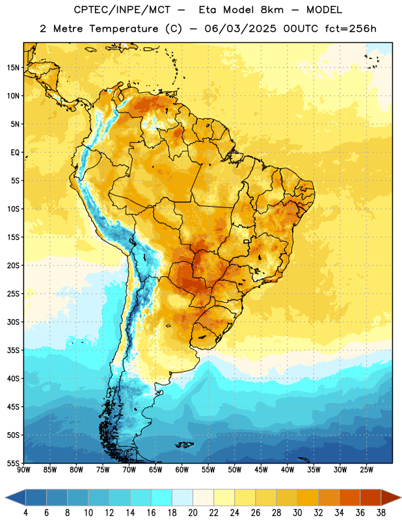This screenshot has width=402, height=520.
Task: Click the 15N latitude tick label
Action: coord(13,68)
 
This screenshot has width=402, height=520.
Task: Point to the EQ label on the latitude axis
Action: coord(15,153)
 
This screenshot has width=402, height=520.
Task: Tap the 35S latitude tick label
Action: coord(13,350)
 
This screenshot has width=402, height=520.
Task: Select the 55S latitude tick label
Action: coord(13,463)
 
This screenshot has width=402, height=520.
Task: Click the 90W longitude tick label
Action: coord(24,470)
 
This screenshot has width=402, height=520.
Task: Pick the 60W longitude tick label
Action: coord(182,470)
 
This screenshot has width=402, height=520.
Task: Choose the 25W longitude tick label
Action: coord(366,470)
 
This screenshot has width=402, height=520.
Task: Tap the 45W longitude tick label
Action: coord(261,470)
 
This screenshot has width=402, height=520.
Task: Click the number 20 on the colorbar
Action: coord(193,513)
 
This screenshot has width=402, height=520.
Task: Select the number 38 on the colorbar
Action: coord(381,513)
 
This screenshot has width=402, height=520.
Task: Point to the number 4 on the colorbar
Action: coord(25,513)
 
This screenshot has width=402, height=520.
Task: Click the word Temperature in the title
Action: coord(124,29)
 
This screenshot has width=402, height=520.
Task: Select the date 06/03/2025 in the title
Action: coord(240,29)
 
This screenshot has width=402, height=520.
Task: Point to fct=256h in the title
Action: coord(351,29)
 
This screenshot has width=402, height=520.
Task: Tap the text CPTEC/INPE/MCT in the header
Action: coord(122,10)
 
